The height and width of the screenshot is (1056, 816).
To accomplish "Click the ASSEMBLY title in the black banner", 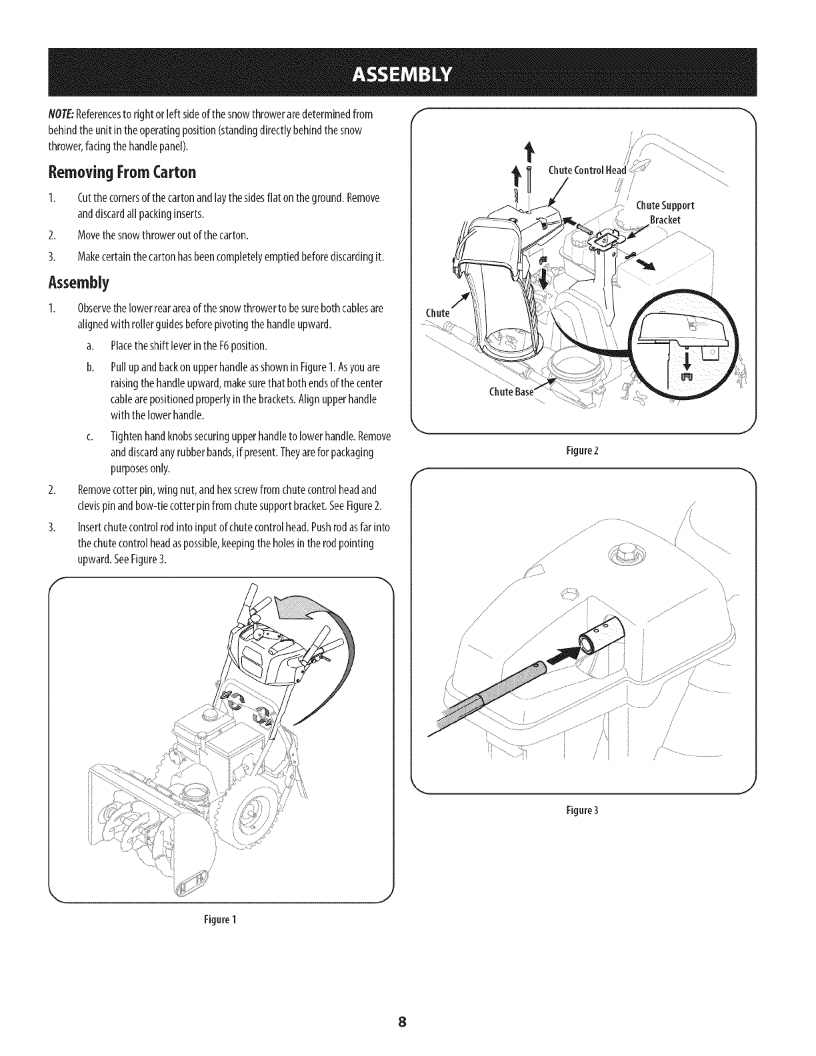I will tap(407, 72).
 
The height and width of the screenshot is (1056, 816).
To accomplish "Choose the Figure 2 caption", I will tap(583, 450).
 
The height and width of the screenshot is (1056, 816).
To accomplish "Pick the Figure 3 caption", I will tap(583, 810).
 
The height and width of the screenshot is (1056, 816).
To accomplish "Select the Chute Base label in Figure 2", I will tap(511, 391).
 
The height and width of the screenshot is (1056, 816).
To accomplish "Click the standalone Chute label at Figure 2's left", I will tap(437, 313).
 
